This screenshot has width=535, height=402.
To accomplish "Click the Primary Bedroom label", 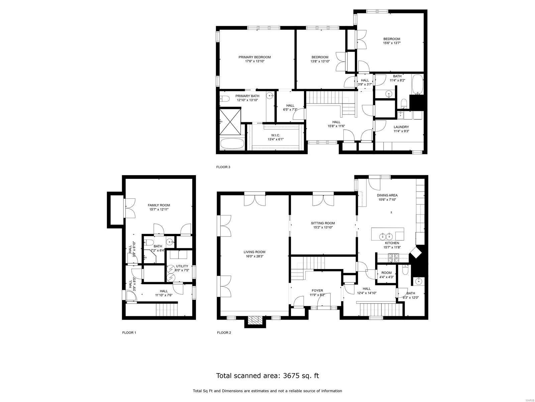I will pos(254,57).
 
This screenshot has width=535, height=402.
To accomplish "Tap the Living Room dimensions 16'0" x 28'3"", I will pos(254,256).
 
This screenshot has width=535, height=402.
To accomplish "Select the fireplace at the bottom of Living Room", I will pos(256,321).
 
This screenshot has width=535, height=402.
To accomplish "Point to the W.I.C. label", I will pos(276,135).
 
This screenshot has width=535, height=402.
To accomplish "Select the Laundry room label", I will pos(401,127).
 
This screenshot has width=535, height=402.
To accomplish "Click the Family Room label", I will pos(159,205).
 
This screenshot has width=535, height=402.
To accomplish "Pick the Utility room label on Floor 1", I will pos(182,266).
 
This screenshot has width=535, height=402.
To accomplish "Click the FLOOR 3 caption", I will pos(223,167).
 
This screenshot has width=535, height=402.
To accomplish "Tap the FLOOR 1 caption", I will pos(129,333).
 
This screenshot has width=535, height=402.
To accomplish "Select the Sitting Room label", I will pos(323,223).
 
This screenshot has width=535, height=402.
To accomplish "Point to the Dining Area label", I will pos(387,195).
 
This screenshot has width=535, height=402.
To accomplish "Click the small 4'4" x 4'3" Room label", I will pos(386,273).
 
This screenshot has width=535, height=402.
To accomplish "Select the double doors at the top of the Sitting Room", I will pos(323,200).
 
